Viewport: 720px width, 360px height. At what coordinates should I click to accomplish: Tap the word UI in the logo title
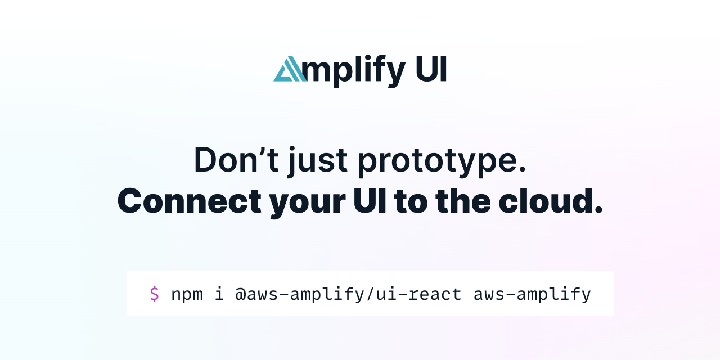point(431,69)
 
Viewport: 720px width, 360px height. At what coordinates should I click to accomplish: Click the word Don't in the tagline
point(236,160)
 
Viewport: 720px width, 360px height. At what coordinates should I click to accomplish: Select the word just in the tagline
point(318,161)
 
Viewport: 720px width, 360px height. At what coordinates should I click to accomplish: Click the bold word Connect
point(190,201)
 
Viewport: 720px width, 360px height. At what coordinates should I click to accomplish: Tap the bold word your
point(307,204)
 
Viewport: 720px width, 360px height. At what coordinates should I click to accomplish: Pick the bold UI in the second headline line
point(370,201)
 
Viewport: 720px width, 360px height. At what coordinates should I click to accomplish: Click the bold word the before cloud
point(463,201)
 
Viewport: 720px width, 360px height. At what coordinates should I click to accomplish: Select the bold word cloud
point(546,201)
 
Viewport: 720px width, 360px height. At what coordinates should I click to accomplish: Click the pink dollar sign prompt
point(154,294)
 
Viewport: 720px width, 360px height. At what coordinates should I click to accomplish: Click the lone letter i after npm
point(219,293)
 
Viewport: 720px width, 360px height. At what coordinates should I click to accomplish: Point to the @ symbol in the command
point(240,294)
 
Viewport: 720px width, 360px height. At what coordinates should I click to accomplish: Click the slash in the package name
point(370,294)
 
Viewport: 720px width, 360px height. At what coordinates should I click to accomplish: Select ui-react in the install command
point(418,294)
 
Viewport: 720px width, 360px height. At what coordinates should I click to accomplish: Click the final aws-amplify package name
point(532,294)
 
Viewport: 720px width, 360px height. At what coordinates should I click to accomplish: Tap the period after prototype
point(523,170)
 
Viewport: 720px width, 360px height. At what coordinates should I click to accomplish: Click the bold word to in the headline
point(411,202)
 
